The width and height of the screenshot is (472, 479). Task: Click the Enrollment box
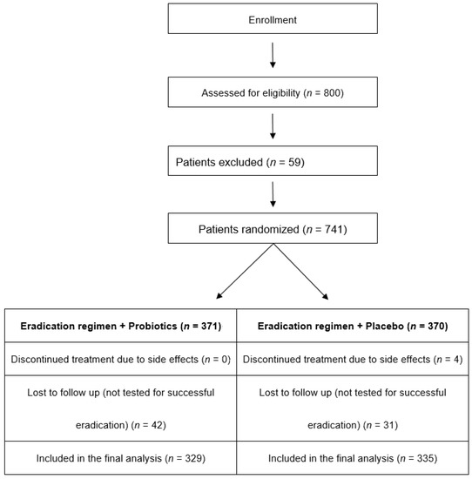pyautogui.click(x=273, y=18)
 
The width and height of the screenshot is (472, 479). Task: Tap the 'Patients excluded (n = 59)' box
pyautogui.click(x=273, y=161)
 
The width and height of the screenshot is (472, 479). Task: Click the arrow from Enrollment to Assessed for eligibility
pyautogui.click(x=273, y=54)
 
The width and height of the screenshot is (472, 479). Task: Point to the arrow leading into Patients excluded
pyautogui.click(x=273, y=125)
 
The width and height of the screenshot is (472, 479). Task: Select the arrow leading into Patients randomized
pyautogui.click(x=273, y=194)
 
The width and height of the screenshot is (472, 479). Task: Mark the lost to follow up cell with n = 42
pyautogui.click(x=119, y=409)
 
